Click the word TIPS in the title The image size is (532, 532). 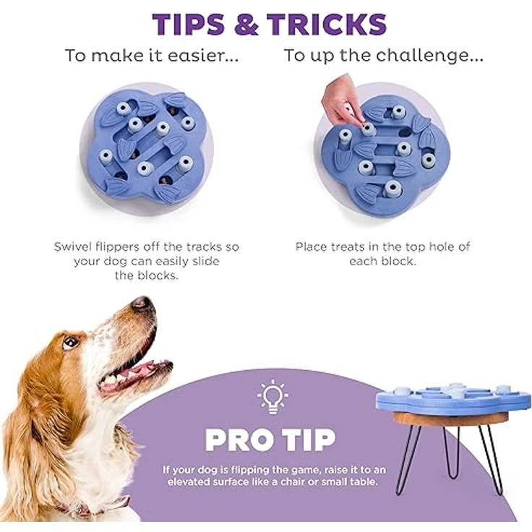tap(189, 24)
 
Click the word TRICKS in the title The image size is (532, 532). tap(327, 24)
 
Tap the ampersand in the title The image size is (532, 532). tap(246, 24)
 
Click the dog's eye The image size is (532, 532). tap(70, 342)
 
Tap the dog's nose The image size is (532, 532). tap(142, 303)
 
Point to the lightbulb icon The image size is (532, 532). tap(273, 397)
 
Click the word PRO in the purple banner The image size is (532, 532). tap(240, 439)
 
